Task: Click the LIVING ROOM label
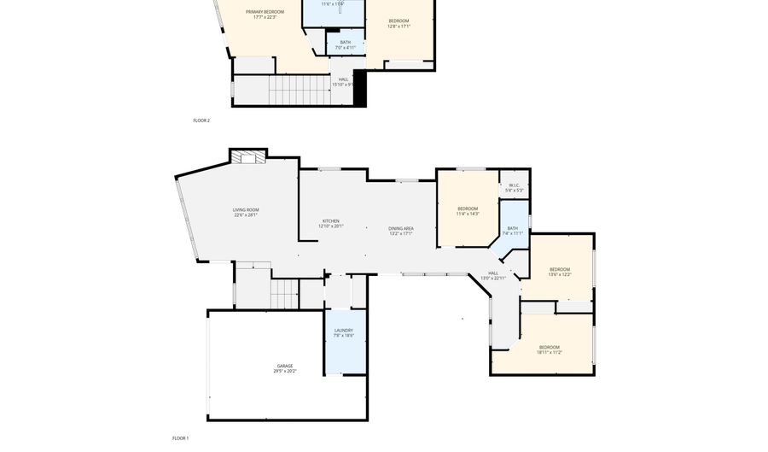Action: (x=246, y=210)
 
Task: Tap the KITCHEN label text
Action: (x=330, y=221)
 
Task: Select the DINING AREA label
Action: (x=401, y=228)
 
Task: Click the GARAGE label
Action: (x=284, y=366)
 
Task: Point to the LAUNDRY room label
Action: (x=344, y=331)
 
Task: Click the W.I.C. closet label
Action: (x=515, y=185)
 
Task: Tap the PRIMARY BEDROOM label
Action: (x=265, y=12)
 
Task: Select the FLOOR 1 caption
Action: (x=180, y=438)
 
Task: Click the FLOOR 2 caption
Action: (x=201, y=120)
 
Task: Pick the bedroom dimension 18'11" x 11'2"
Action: (x=550, y=352)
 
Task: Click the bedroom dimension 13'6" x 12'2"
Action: (x=560, y=274)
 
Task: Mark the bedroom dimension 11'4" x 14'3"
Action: (x=468, y=214)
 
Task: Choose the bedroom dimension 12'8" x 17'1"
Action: (x=399, y=26)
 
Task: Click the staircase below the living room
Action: (x=283, y=296)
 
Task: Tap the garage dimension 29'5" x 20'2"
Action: (x=284, y=371)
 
